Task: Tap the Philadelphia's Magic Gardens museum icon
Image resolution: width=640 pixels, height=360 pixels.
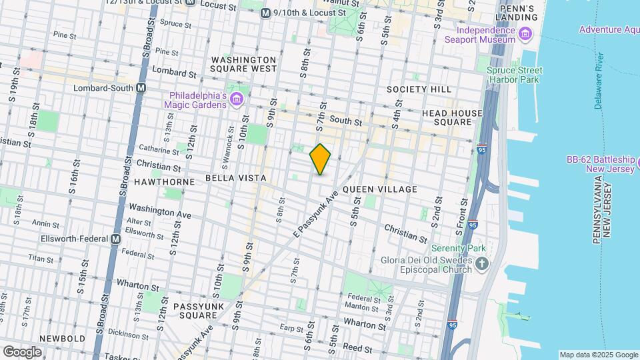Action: pos(236,100)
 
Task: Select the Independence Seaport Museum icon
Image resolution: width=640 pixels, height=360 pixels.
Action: pos(525,34)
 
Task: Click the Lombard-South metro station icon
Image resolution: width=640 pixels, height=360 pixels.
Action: pos(141,87)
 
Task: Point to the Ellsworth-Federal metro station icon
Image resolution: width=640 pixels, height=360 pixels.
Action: pos(116,239)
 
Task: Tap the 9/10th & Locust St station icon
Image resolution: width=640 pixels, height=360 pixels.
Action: pos(265,13)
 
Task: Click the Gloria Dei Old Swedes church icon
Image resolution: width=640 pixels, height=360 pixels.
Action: pos(483,265)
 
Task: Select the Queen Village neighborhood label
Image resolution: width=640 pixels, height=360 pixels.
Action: pos(380,189)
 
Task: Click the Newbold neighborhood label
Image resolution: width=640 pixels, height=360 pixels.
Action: pos(62,338)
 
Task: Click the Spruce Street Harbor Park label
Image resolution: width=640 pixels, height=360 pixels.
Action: pos(514,75)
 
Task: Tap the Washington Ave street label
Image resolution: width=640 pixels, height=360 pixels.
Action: pos(160,211)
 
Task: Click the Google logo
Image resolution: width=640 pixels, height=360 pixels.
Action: pos(22,351)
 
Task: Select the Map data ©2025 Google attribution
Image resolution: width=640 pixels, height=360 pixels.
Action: pos(598,355)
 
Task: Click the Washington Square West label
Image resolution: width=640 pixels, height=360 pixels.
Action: pos(243,64)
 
